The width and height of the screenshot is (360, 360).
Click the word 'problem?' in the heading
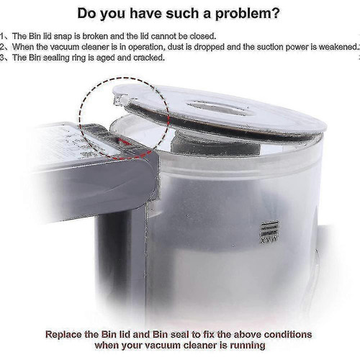click(x=247, y=14)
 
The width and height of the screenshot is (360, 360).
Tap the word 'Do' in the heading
click(x=86, y=13)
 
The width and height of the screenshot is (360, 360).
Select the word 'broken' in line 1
click(x=95, y=36)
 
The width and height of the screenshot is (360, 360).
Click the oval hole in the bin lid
click(x=220, y=107)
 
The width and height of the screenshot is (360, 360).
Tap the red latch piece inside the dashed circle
click(x=125, y=143)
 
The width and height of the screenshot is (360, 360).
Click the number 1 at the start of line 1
click(x=2, y=36)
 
